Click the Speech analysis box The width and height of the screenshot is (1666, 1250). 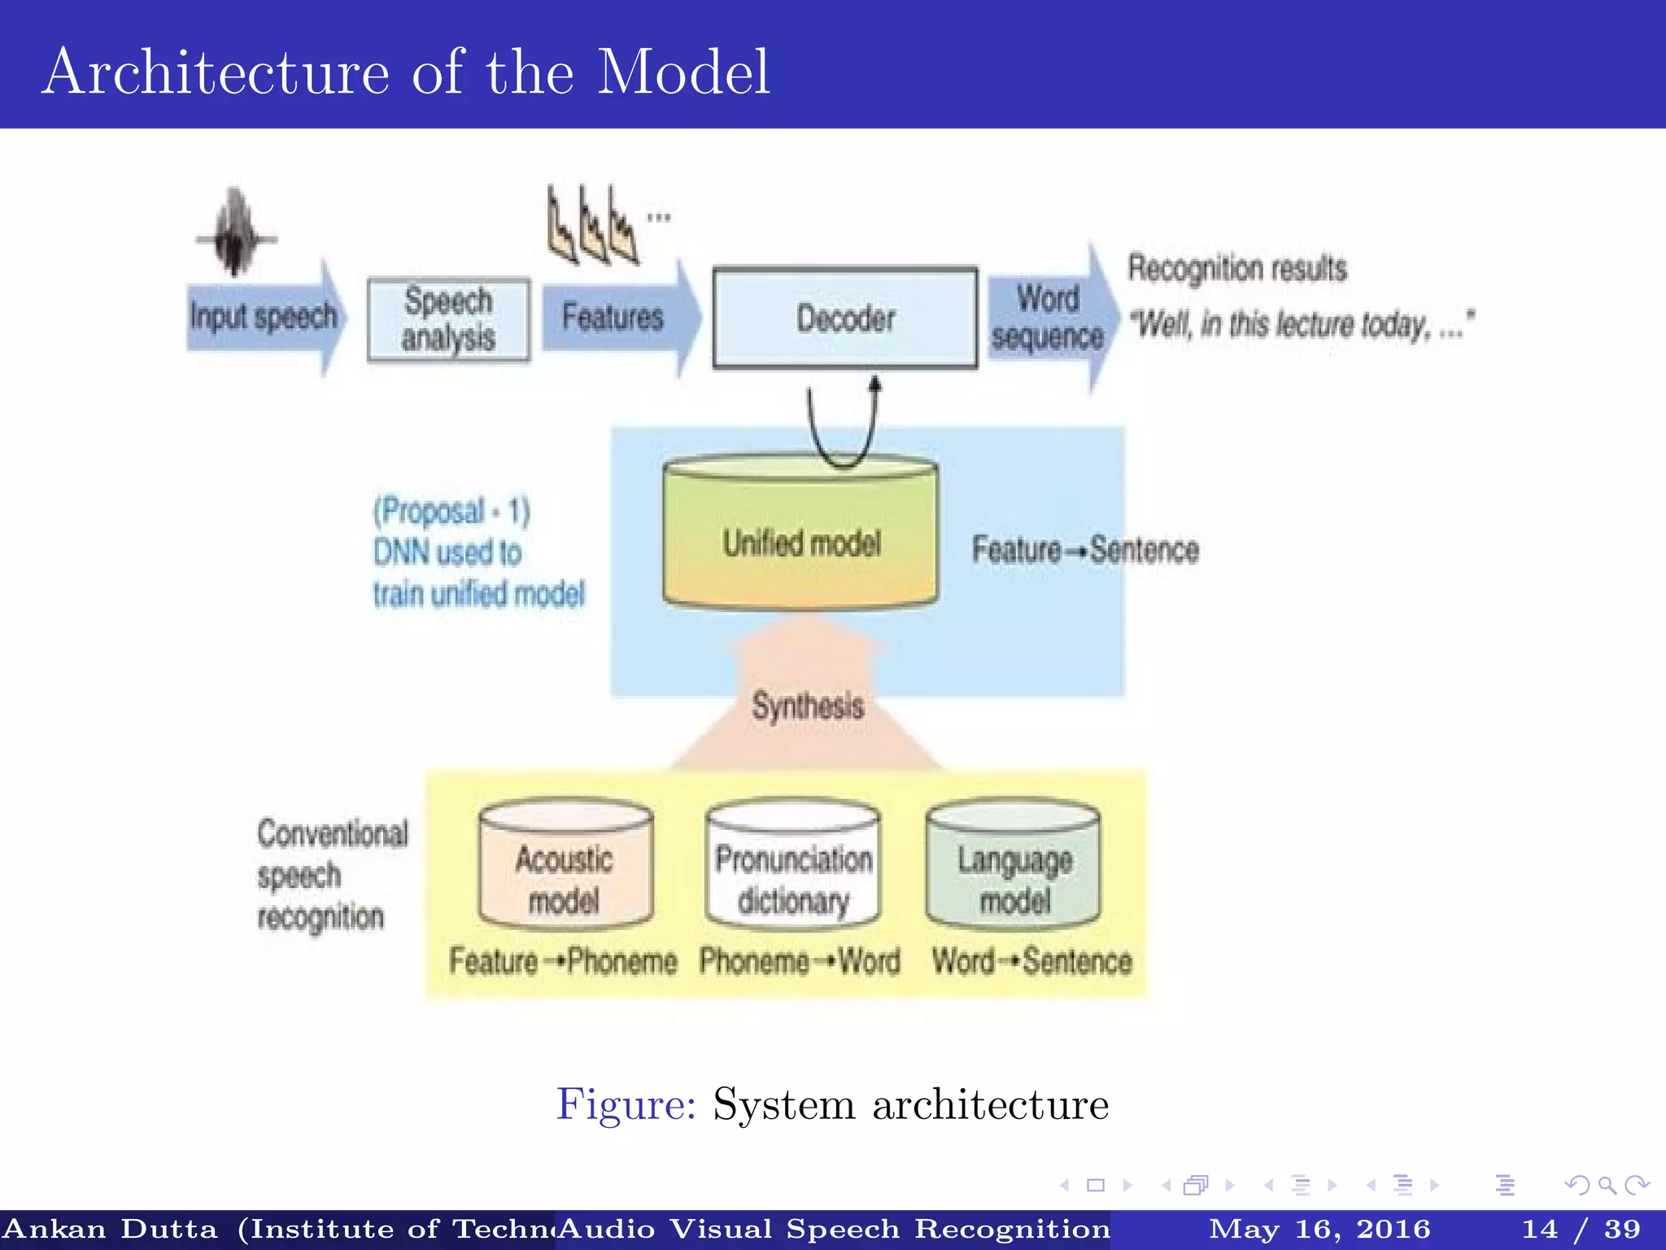click(x=448, y=320)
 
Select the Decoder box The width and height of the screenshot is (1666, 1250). click(x=845, y=318)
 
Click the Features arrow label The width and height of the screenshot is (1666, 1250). click(x=613, y=317)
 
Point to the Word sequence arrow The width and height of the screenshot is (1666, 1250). click(x=1047, y=318)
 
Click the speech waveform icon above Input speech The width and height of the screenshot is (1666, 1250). click(x=235, y=233)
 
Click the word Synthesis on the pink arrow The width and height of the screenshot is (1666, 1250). click(x=807, y=705)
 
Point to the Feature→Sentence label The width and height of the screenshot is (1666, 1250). click(x=1084, y=549)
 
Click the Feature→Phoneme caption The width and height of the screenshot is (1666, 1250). click(x=563, y=961)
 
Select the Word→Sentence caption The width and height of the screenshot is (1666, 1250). click(x=1031, y=961)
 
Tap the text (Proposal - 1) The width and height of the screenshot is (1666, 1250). click(x=451, y=511)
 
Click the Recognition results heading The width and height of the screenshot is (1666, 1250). click(x=1236, y=268)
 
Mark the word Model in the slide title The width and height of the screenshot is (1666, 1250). click(x=683, y=72)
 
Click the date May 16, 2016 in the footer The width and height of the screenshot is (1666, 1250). click(x=1319, y=1229)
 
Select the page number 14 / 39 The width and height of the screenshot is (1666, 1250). click(x=1581, y=1229)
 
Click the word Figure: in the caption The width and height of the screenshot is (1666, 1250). click(x=626, y=1104)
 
